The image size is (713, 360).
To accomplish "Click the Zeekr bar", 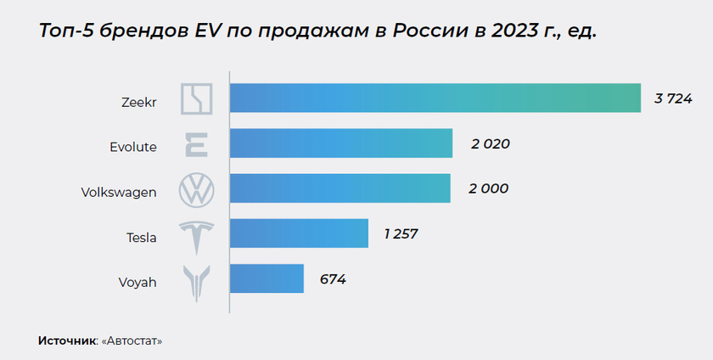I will pos(435,98).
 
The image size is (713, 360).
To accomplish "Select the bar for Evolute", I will pos(340,143).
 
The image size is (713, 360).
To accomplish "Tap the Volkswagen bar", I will pos(340,188).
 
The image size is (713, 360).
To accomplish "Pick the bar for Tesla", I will pos(299,233).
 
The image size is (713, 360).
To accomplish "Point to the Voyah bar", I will pos(267,278).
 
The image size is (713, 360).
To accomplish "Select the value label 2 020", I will pos(490,143).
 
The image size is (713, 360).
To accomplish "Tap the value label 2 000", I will pos(488,188).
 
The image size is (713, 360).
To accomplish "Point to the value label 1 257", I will pos(401,233).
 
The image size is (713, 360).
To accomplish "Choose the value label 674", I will pos(333,278).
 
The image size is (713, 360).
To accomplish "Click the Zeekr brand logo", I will pos(197,98).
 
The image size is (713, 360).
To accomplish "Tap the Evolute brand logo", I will pos(197,144).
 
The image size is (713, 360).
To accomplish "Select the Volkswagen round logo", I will pos(197,189).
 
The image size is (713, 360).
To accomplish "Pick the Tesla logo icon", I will pos(197,235).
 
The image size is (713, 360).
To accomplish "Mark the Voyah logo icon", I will pos(197,282).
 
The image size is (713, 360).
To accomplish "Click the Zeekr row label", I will pos(139,101).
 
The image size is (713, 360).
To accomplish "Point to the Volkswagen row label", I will pos(118,192).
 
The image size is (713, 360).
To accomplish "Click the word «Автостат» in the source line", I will pos(132,340).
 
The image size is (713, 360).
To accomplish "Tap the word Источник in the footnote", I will pos(67,340).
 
